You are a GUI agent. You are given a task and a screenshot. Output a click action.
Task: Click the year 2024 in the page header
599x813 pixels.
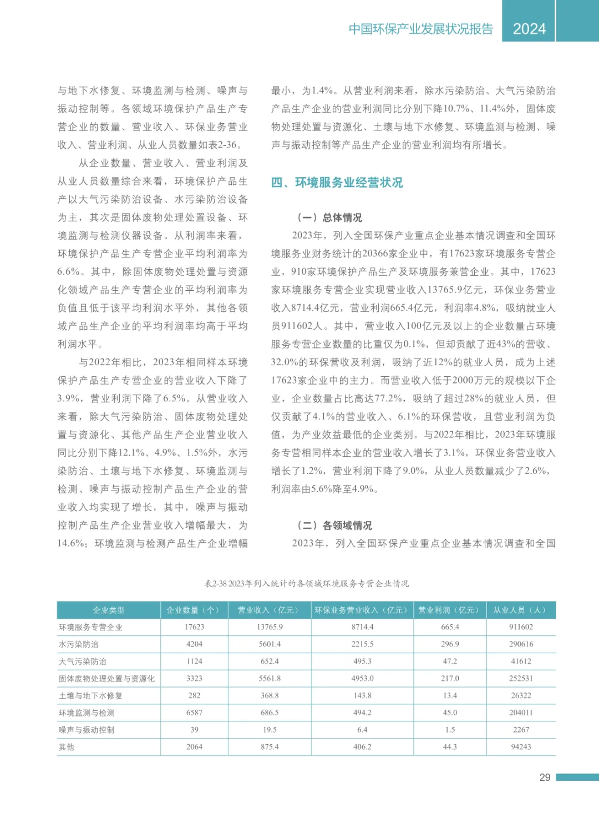[x=529, y=29]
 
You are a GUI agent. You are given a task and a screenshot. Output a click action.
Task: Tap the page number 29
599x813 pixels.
[x=545, y=777]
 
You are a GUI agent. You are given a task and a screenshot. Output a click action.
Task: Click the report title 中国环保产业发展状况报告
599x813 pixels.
[x=420, y=29]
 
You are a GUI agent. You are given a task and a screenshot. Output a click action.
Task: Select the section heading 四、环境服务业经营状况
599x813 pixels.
[x=337, y=183]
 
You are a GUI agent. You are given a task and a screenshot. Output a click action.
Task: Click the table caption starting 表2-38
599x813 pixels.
[x=306, y=583]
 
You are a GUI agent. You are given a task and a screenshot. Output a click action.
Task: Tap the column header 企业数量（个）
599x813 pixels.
[x=194, y=610]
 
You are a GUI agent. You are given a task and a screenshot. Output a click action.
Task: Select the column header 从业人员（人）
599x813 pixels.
[x=521, y=610]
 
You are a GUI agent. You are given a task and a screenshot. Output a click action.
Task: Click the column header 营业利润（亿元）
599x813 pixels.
[x=450, y=610]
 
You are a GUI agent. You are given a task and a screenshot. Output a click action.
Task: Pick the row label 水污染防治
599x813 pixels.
[x=79, y=644]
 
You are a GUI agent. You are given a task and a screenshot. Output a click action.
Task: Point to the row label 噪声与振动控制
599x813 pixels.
[x=87, y=730]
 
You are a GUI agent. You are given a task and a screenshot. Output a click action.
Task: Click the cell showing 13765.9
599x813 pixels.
[x=270, y=627]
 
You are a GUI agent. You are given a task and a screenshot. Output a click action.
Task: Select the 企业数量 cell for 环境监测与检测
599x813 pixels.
[x=194, y=713]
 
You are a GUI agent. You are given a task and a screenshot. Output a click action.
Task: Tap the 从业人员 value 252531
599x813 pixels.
[x=521, y=678]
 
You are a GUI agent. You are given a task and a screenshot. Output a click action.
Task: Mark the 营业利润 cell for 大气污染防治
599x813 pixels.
[x=450, y=661]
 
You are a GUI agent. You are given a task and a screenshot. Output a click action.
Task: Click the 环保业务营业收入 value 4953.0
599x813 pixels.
[x=362, y=678]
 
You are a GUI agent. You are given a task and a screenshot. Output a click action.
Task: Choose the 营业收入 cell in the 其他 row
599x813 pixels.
[x=270, y=747]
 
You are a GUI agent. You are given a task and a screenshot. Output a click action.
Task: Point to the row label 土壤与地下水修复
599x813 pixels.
[x=90, y=695]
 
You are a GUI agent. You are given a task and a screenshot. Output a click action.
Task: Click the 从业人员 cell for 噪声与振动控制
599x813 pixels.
[x=521, y=730]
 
